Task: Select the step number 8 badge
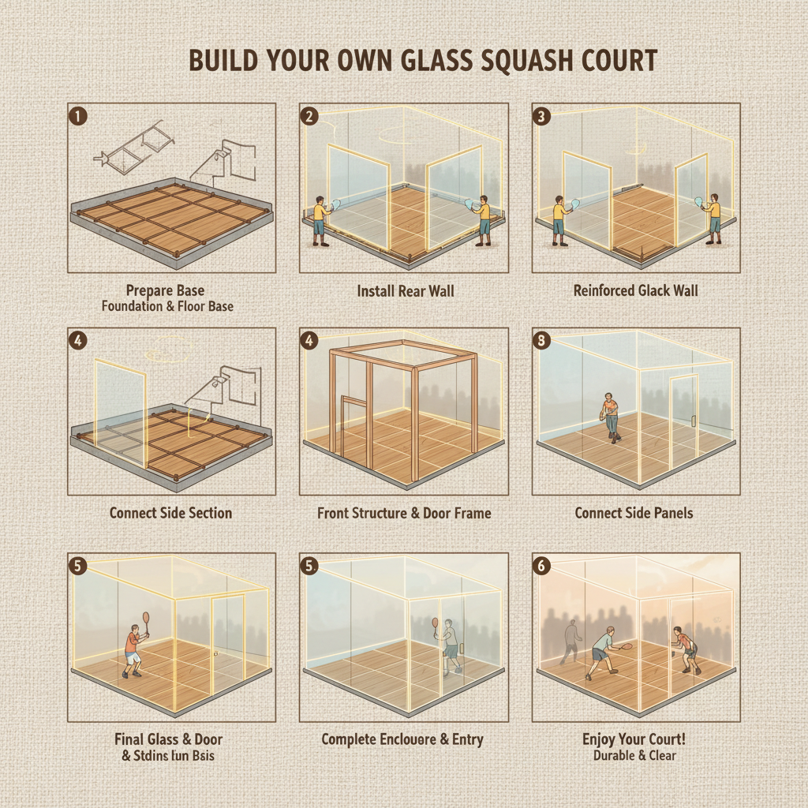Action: pos(541,341)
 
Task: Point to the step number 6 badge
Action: pos(541,566)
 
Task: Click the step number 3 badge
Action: pos(541,116)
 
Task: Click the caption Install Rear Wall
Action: pos(406,291)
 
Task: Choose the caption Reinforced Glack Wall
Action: pos(635,291)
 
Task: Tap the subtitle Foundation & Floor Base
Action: pos(167,305)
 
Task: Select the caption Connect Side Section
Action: pos(170,513)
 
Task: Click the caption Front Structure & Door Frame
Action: pos(404,513)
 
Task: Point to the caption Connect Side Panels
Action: pos(634,513)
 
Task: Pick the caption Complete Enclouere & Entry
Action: pos(402,739)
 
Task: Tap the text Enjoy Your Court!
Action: pos(634,739)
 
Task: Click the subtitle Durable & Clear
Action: pos(634,755)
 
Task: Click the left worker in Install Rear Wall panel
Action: pos(320,220)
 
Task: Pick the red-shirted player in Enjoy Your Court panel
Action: pos(686,649)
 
